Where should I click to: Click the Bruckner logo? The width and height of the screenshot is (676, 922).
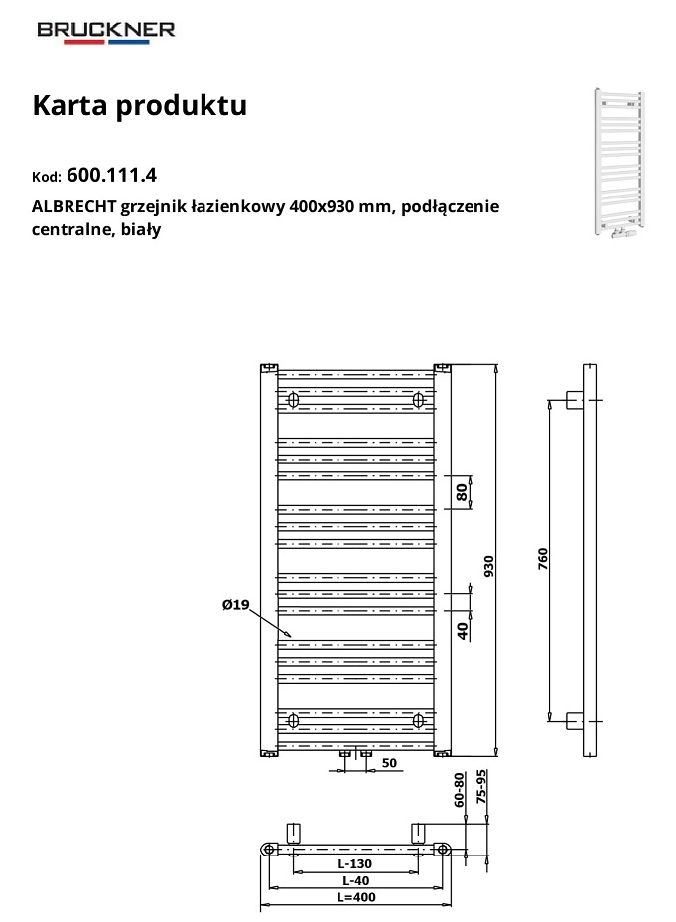click(x=106, y=33)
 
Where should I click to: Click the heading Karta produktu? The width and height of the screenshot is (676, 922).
click(x=139, y=106)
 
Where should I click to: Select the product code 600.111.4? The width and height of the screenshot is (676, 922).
click(x=112, y=175)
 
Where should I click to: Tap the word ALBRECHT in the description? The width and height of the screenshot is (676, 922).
click(x=74, y=207)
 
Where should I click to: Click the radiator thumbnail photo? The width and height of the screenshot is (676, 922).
click(x=619, y=163)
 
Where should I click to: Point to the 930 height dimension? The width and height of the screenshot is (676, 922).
click(x=489, y=566)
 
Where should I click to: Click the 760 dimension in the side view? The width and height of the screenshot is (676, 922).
click(x=542, y=559)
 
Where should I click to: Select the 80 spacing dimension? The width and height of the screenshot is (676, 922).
click(x=463, y=492)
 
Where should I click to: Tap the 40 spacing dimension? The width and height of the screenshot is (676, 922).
click(x=463, y=631)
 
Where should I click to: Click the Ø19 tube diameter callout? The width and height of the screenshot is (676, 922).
click(x=236, y=604)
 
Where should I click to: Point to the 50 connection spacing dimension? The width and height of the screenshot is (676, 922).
click(x=389, y=763)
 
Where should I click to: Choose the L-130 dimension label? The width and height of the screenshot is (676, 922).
click(x=354, y=863)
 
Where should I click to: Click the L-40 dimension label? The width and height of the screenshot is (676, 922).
click(x=356, y=880)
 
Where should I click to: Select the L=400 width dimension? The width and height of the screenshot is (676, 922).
click(x=356, y=897)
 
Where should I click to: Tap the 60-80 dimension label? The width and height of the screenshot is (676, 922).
click(x=459, y=790)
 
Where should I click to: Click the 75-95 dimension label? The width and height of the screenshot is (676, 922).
click(x=481, y=787)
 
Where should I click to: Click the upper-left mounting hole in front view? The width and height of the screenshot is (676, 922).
click(x=293, y=400)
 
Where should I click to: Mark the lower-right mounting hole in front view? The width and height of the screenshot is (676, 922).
click(x=418, y=720)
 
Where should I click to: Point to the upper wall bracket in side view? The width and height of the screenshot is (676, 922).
click(x=575, y=400)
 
